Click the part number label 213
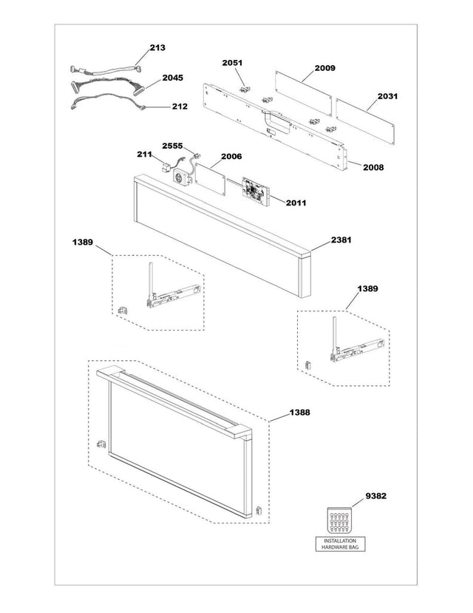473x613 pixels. (x=157, y=47)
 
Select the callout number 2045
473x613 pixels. (x=173, y=78)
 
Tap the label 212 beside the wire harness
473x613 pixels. (x=179, y=106)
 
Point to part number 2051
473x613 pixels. (x=233, y=64)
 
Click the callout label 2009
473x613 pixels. (x=324, y=68)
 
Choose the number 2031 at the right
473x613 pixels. (x=387, y=96)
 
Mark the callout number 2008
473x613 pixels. (x=373, y=167)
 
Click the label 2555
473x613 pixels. (x=172, y=146)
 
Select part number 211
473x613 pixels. (x=144, y=155)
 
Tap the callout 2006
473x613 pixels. (x=231, y=157)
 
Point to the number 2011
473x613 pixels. (x=296, y=202)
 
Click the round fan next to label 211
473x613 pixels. (x=180, y=177)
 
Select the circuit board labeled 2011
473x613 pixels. (x=257, y=189)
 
